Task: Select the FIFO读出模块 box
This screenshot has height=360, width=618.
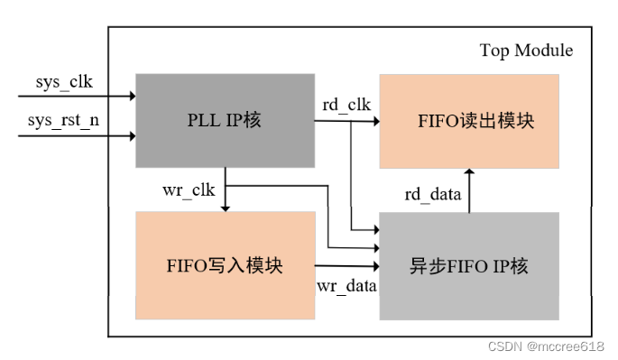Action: tap(468, 120)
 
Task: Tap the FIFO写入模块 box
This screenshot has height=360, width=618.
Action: tap(225, 265)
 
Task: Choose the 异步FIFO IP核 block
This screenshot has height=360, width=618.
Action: tap(469, 265)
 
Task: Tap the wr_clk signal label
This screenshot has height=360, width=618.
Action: tap(189, 191)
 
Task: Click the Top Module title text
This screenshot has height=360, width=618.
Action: tap(525, 50)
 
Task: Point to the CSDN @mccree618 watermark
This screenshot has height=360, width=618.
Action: tap(546, 346)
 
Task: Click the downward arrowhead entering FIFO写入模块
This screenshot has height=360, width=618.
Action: tap(225, 207)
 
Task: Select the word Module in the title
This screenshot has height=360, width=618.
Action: tap(543, 50)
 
